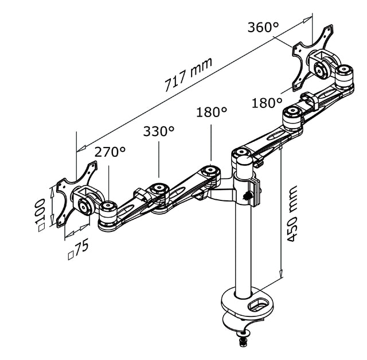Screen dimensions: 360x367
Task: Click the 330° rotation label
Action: (159, 131)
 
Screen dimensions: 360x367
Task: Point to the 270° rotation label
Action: (110, 152)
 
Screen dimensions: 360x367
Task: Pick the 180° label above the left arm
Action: (212, 112)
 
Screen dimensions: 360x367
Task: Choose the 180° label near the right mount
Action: (267, 103)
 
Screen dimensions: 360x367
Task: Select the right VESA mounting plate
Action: (313, 57)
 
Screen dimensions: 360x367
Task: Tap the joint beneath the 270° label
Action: (107, 207)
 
